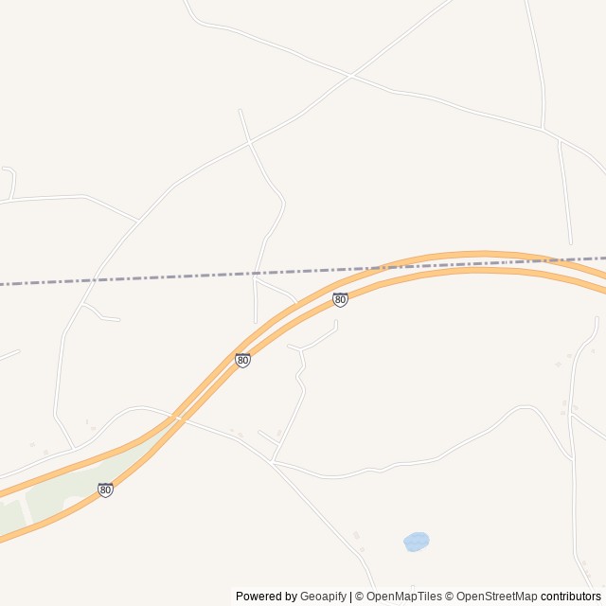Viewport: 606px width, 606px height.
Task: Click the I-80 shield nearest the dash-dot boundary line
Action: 340,299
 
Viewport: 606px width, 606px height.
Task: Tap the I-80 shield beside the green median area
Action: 105,490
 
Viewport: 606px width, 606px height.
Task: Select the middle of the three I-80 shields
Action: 243,360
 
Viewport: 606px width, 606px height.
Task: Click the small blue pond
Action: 416,542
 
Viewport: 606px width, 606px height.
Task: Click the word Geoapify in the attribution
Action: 323,597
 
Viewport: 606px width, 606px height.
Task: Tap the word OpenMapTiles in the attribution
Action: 404,597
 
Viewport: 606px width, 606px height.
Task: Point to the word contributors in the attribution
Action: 571,597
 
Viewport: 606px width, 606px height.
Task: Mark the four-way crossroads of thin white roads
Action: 350,75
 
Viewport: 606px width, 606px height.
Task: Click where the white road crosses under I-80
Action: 177,417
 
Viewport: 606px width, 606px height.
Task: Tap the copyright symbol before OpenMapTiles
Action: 360,597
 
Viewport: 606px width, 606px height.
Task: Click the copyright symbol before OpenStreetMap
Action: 451,597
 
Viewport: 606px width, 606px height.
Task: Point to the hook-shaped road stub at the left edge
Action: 10,180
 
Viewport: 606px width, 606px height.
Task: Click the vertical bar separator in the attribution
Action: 350,597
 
